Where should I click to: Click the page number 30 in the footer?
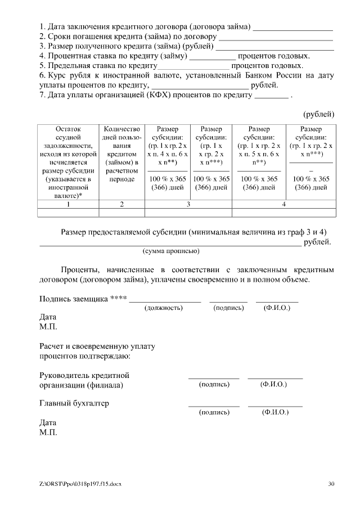pyautogui.click(x=331, y=483)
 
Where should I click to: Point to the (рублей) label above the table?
pyautogui.click(x=319, y=114)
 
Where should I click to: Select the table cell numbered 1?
pyautogui.click(x=68, y=204)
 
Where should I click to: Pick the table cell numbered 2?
pyautogui.click(x=121, y=204)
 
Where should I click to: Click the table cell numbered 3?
pyautogui.click(x=188, y=204)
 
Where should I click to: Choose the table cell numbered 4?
pyautogui.click(x=283, y=204)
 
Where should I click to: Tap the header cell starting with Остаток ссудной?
pyautogui.click(x=68, y=161)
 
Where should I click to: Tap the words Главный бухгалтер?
pyautogui.click(x=74, y=403)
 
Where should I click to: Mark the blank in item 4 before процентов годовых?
pyautogui.click(x=212, y=57)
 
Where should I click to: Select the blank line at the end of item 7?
pyautogui.click(x=271, y=95)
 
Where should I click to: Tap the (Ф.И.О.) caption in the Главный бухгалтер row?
pyautogui.click(x=275, y=412)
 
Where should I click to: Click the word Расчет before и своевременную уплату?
pyautogui.click(x=52, y=346)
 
